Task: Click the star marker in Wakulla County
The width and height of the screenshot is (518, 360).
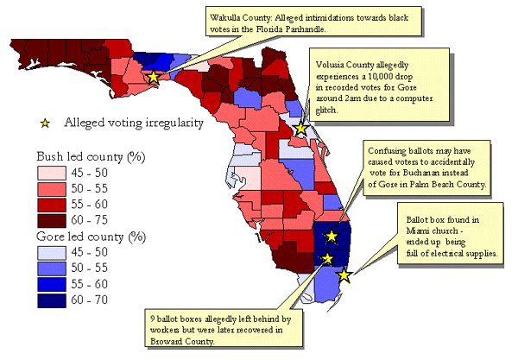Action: [x=154, y=77]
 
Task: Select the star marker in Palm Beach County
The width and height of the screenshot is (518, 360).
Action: [x=332, y=235]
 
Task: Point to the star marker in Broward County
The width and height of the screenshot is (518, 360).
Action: [x=327, y=258]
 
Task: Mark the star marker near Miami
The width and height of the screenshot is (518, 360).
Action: [x=344, y=275]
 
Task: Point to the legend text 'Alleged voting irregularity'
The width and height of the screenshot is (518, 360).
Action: [x=133, y=123]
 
